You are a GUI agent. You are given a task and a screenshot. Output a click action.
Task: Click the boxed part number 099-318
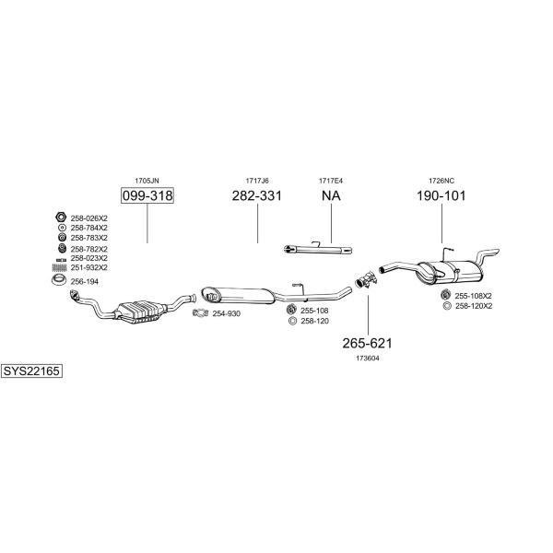[147, 195]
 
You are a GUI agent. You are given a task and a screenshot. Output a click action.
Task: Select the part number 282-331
[257, 195]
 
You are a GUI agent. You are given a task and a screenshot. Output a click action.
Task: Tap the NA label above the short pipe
[331, 195]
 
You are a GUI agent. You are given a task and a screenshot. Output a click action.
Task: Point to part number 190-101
[441, 195]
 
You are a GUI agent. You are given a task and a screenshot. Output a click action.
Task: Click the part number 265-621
[367, 343]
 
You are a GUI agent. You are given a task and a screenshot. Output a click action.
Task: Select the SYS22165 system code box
[31, 371]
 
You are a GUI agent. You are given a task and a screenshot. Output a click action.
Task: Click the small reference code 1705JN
[147, 181]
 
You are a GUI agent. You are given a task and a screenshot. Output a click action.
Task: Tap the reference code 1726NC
[441, 181]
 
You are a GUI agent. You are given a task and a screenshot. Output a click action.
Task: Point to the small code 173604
[368, 359]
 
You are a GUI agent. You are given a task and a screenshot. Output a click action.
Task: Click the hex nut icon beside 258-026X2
[61, 218]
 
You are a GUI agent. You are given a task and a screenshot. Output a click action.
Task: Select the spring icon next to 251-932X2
[60, 267]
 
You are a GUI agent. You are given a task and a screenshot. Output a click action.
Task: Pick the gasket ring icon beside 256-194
[59, 280]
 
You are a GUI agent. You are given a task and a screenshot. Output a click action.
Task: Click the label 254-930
[226, 313]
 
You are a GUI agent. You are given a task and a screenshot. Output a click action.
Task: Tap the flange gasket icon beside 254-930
[201, 312]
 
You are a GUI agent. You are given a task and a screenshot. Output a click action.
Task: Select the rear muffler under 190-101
[450, 272]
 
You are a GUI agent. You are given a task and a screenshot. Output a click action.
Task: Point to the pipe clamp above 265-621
[367, 279]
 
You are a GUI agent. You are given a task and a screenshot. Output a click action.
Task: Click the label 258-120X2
[474, 306]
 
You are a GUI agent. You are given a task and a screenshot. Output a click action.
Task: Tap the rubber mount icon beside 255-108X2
[446, 295]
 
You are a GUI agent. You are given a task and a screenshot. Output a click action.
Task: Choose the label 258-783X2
[88, 238]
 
